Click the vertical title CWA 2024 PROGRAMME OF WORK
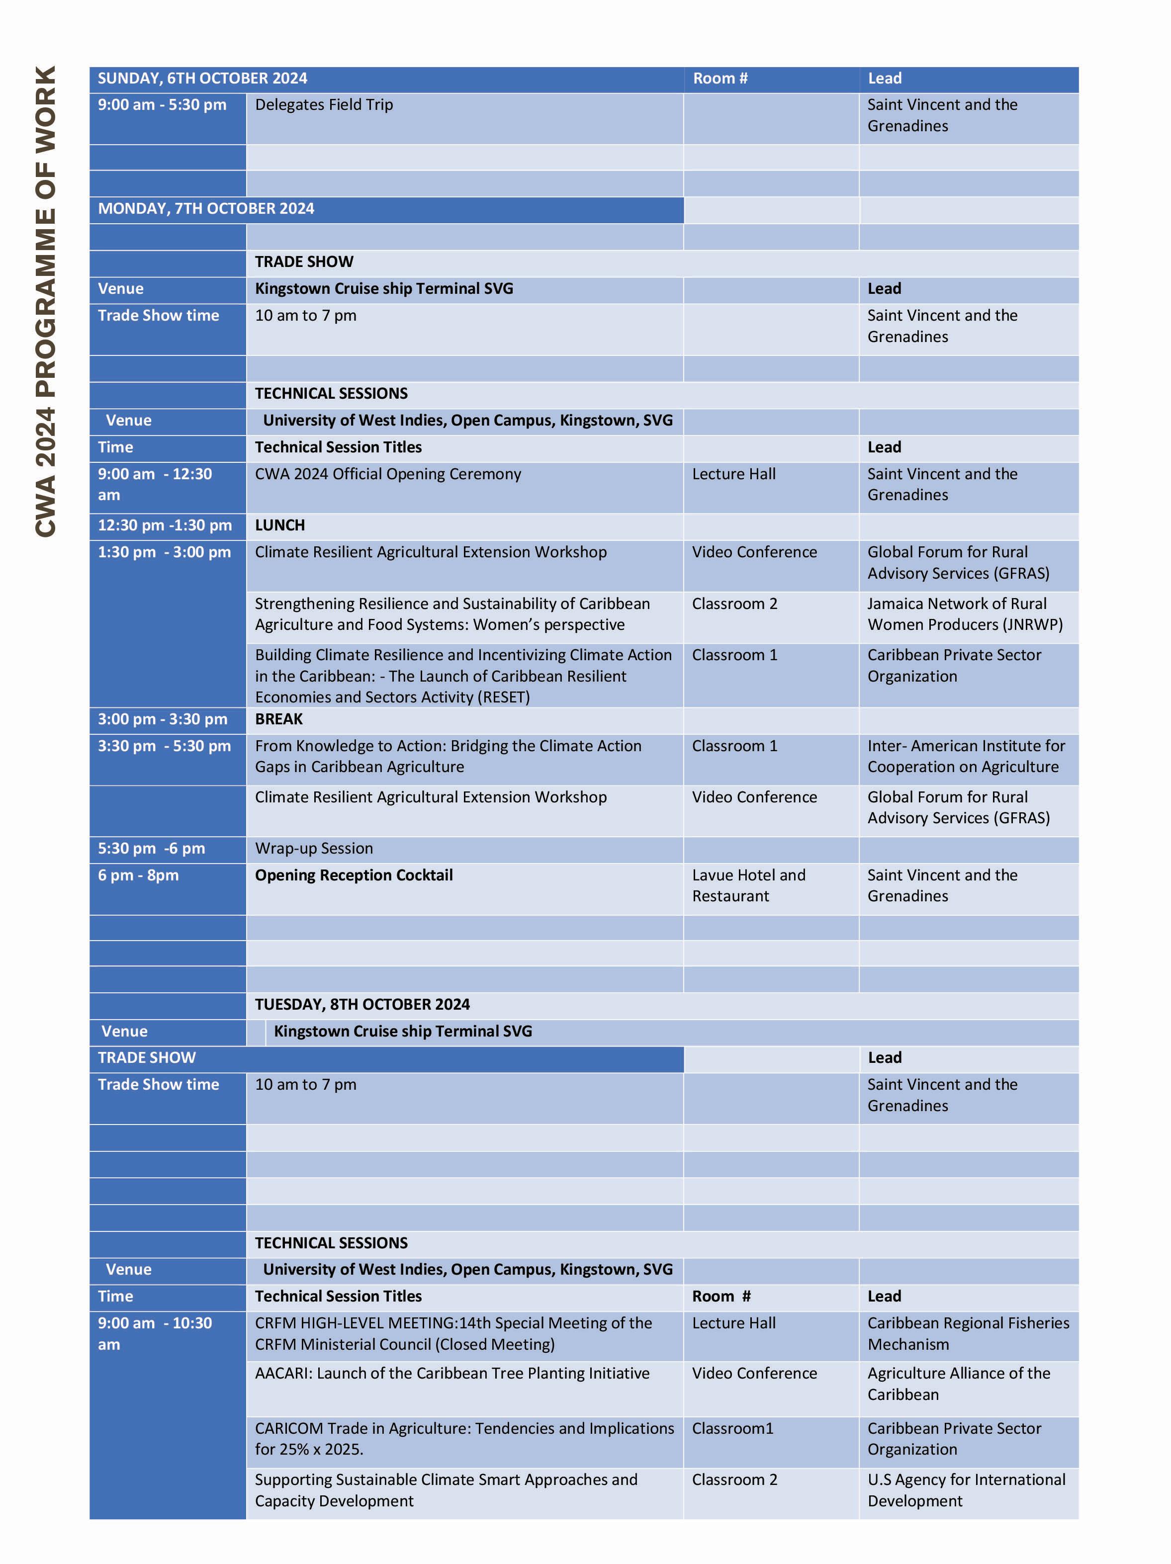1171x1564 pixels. (45, 301)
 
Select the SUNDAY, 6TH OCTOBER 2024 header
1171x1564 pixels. (202, 79)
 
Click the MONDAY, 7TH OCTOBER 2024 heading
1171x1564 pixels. (206, 209)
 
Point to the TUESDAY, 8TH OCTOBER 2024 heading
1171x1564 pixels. (362, 1005)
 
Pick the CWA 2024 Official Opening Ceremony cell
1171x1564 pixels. (387, 474)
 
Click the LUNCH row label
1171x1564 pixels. (280, 525)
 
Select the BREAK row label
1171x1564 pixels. (278, 719)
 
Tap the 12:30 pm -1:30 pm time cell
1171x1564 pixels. (165, 525)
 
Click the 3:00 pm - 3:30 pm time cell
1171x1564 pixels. (163, 719)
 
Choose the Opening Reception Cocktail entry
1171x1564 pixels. (354, 875)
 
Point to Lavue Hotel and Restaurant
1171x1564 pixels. (748, 885)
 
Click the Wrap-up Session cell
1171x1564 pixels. (314, 849)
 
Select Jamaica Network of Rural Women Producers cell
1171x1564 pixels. (965, 614)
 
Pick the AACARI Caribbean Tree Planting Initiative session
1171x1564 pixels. (452, 1373)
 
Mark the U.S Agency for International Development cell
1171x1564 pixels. (966, 1490)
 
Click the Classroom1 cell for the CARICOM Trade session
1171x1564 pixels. (732, 1428)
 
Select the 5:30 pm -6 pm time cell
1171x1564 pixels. (151, 849)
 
